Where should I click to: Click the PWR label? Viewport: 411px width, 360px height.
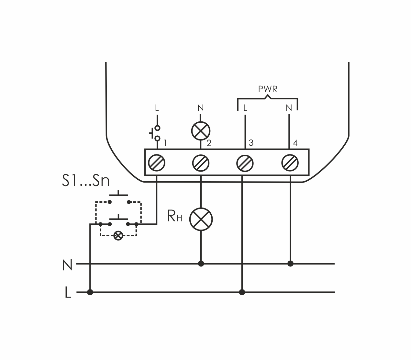[x=268, y=89]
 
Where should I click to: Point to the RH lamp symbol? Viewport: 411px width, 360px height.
[x=201, y=219]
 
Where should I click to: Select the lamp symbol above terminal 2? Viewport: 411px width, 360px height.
[x=201, y=131]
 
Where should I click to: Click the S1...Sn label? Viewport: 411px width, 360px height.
[x=86, y=181]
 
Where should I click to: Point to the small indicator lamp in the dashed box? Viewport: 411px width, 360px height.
[x=118, y=236]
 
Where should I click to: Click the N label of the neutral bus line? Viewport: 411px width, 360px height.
[x=67, y=265]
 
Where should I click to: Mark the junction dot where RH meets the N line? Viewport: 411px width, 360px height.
[x=201, y=264]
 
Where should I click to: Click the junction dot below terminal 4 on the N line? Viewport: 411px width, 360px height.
[x=290, y=264]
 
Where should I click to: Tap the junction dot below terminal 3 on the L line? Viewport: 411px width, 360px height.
[x=242, y=292]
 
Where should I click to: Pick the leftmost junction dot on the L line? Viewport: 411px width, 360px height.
[x=90, y=292]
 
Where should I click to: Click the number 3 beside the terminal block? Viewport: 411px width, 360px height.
[x=251, y=143]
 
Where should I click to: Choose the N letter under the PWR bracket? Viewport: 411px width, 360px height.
[x=289, y=108]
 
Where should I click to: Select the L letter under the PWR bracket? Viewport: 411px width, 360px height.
[x=245, y=108]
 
